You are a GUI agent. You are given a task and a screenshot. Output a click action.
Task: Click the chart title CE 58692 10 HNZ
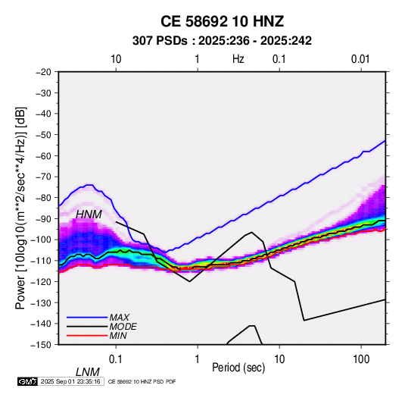(222, 21)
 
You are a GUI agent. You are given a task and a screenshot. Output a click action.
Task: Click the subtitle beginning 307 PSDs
(222, 41)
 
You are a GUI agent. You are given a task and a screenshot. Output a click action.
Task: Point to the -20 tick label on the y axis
(43, 72)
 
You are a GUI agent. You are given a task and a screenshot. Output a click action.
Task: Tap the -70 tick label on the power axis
(43, 177)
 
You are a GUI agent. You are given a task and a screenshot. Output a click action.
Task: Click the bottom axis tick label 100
(361, 359)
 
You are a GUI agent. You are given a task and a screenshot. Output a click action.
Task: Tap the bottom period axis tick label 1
(198, 359)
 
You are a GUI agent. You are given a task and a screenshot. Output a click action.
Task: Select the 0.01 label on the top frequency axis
(360, 59)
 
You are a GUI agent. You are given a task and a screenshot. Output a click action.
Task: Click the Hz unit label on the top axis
(238, 59)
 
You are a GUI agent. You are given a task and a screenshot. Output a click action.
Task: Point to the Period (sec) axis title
(238, 368)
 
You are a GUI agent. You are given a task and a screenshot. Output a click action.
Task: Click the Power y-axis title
(20, 208)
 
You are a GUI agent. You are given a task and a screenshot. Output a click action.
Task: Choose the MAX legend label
(120, 317)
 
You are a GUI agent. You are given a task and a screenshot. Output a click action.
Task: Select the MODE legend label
(123, 327)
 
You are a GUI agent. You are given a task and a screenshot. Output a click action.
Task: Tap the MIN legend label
(118, 336)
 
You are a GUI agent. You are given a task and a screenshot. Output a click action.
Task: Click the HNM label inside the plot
(89, 215)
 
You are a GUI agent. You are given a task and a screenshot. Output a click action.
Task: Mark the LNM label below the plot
(88, 372)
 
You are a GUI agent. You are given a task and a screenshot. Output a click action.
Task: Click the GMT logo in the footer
(28, 381)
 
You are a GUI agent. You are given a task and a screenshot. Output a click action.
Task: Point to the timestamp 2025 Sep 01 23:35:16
(70, 381)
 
